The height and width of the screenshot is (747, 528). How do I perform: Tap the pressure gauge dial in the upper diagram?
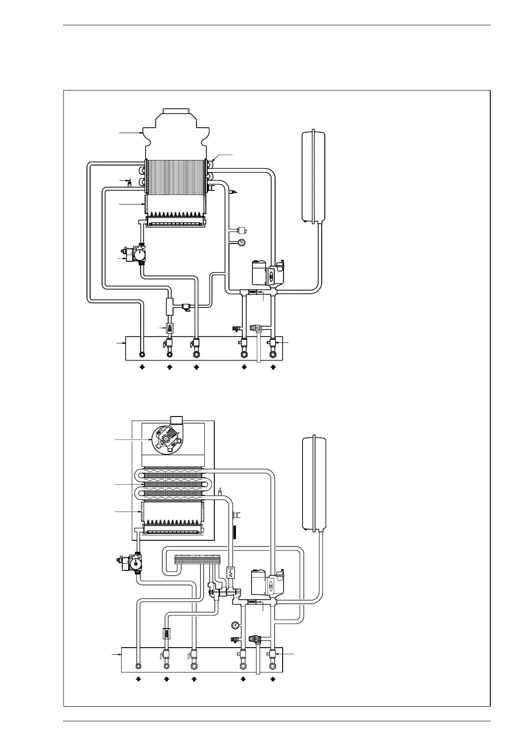click(241, 242)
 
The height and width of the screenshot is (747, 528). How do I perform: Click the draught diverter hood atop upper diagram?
click(175, 131)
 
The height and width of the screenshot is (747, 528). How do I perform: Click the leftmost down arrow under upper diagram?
click(142, 367)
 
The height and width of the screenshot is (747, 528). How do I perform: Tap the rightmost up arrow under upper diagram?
click(273, 367)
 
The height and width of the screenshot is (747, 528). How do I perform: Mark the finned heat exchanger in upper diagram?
click(176, 177)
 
